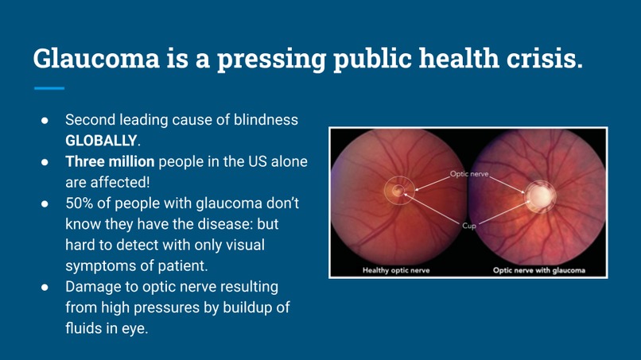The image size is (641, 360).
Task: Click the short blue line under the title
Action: pyautogui.click(x=49, y=88)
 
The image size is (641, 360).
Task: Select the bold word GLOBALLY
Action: pyautogui.click(x=101, y=141)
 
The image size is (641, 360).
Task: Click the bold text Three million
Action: pyautogui.click(x=110, y=162)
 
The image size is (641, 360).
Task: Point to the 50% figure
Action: pyautogui.click(x=80, y=203)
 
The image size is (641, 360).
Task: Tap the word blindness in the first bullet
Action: pyautogui.click(x=266, y=121)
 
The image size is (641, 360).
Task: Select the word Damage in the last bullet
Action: pyautogui.click(x=92, y=286)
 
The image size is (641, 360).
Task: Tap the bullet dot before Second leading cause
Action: pyautogui.click(x=46, y=121)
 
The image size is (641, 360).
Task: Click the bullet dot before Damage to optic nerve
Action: pyautogui.click(x=46, y=286)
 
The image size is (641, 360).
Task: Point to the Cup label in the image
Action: pyautogui.click(x=468, y=226)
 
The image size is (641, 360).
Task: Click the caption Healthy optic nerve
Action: pyautogui.click(x=396, y=270)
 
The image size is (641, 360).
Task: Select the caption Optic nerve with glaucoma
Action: pyautogui.click(x=538, y=270)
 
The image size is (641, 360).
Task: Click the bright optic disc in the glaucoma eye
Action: pyautogui.click(x=539, y=193)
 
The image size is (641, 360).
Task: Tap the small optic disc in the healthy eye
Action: pyautogui.click(x=397, y=190)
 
